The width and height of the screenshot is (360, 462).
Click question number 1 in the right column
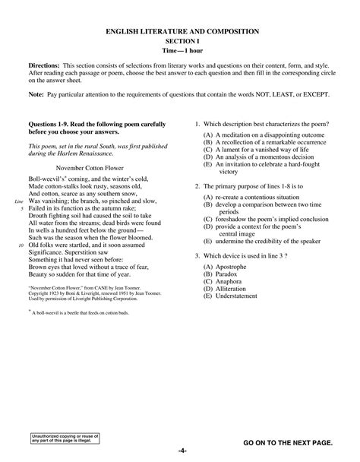[197, 124]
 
